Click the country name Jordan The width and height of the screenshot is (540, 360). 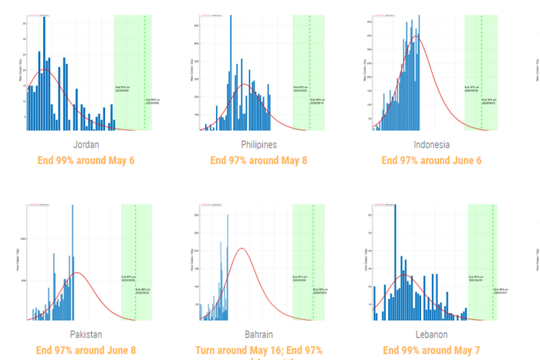(85, 145)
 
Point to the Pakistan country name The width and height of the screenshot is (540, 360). (86, 335)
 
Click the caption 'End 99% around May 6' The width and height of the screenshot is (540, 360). (85, 160)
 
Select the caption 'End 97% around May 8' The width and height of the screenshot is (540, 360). (258, 160)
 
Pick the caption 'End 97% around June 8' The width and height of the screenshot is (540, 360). (86, 350)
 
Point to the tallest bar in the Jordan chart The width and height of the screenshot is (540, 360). (44, 73)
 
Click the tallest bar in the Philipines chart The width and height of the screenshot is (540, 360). (230, 73)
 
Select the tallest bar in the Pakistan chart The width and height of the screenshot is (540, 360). (73, 262)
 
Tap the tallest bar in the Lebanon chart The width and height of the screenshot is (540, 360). (395, 262)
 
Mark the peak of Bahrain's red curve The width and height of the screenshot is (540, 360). (242, 248)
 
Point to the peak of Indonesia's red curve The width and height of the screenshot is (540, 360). (417, 35)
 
